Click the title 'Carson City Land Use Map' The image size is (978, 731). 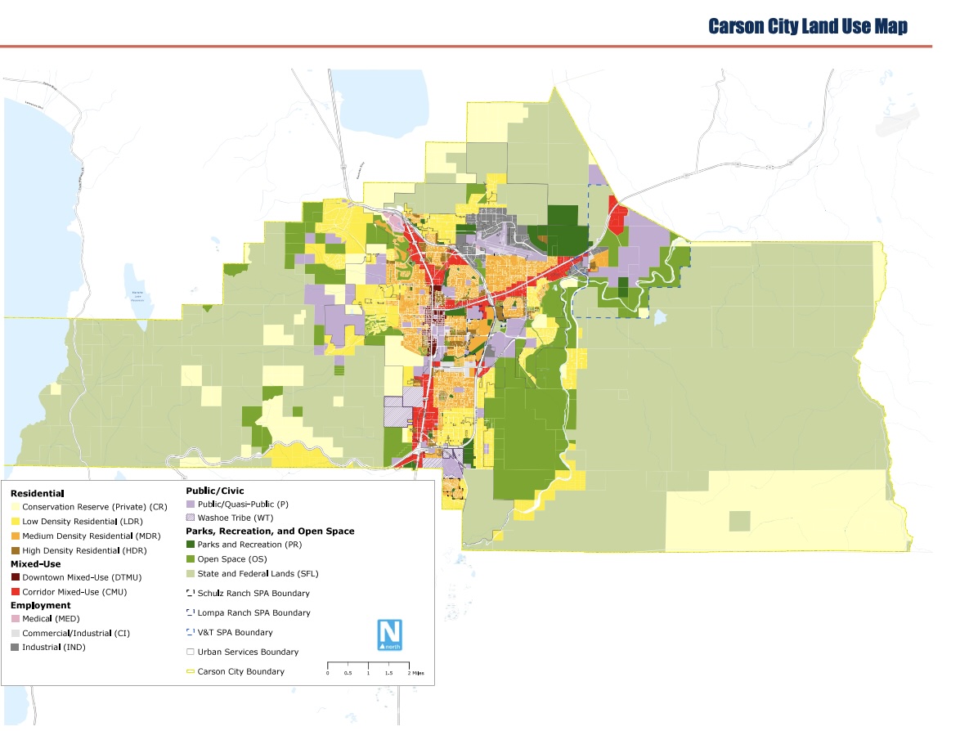point(807,26)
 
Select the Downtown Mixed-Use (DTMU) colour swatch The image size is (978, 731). point(16,578)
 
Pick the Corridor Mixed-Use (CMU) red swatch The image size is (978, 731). point(16,592)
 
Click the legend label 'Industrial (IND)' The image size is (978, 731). point(54,648)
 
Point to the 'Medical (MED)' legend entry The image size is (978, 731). point(51,619)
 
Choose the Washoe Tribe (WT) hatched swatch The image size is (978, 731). point(191,518)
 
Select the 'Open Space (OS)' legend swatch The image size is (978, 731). point(191,559)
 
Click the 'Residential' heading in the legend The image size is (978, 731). point(37,494)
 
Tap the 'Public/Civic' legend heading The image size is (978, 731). point(215,491)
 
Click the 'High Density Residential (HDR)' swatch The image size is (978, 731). point(16,549)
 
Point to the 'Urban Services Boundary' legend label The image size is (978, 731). point(248,653)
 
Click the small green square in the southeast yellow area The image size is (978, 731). point(739,521)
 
